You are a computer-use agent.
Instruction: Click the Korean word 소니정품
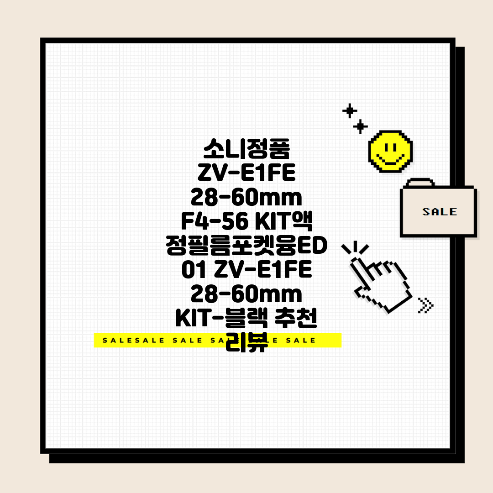(x=246, y=148)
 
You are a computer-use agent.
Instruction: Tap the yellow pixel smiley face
(x=390, y=151)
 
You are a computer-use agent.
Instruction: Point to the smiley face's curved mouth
(x=390, y=160)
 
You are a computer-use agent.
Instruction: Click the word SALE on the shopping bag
(x=439, y=212)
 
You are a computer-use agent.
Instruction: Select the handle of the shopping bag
(x=420, y=182)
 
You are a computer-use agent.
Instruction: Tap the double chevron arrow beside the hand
(x=425, y=305)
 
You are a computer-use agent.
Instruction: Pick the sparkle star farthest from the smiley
(x=350, y=110)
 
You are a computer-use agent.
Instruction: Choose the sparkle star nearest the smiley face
(x=360, y=126)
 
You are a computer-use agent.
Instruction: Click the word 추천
(x=295, y=318)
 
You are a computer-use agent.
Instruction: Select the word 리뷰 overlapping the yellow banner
(x=246, y=342)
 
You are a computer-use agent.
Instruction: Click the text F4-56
(x=215, y=221)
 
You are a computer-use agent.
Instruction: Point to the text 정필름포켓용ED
(x=246, y=245)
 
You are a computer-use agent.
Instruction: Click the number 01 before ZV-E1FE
(x=194, y=270)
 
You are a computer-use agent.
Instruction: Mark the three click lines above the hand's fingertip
(x=355, y=248)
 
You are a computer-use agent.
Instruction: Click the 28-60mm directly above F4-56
(x=246, y=197)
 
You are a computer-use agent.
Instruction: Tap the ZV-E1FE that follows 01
(x=263, y=270)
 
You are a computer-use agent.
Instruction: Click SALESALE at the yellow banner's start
(x=134, y=341)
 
